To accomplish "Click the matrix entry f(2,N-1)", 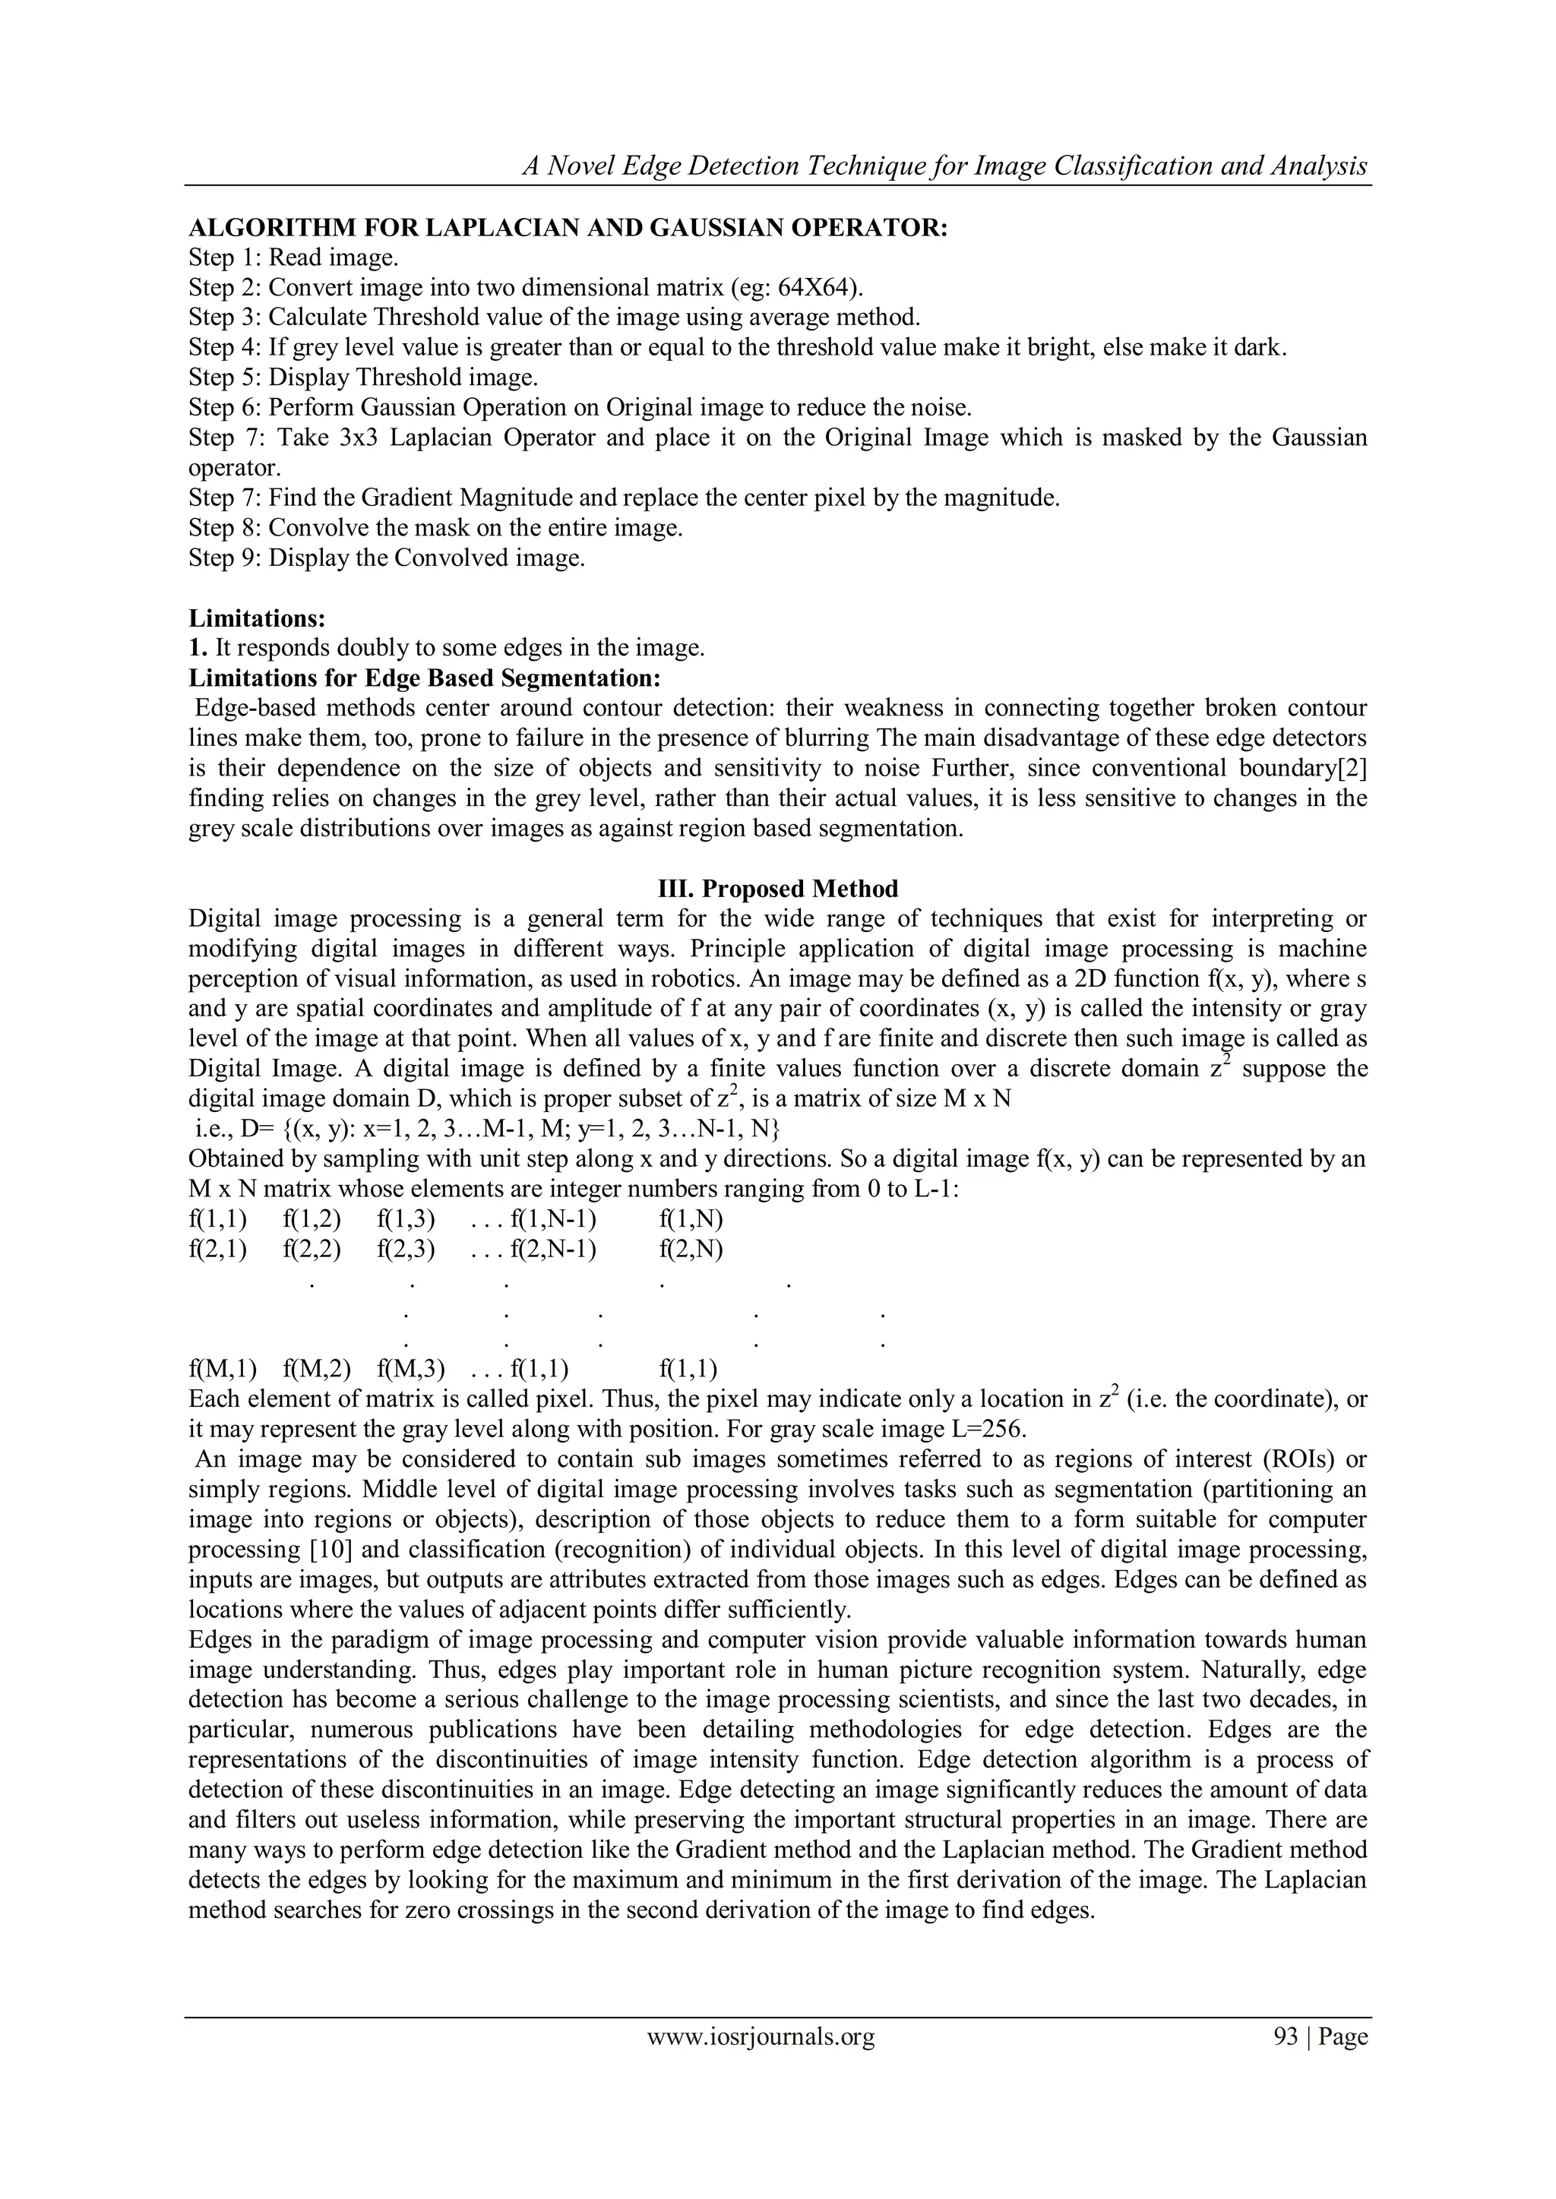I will coord(554,1249).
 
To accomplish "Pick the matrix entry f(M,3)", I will coord(406,1369).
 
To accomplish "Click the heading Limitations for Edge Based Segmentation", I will coord(425,678).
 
